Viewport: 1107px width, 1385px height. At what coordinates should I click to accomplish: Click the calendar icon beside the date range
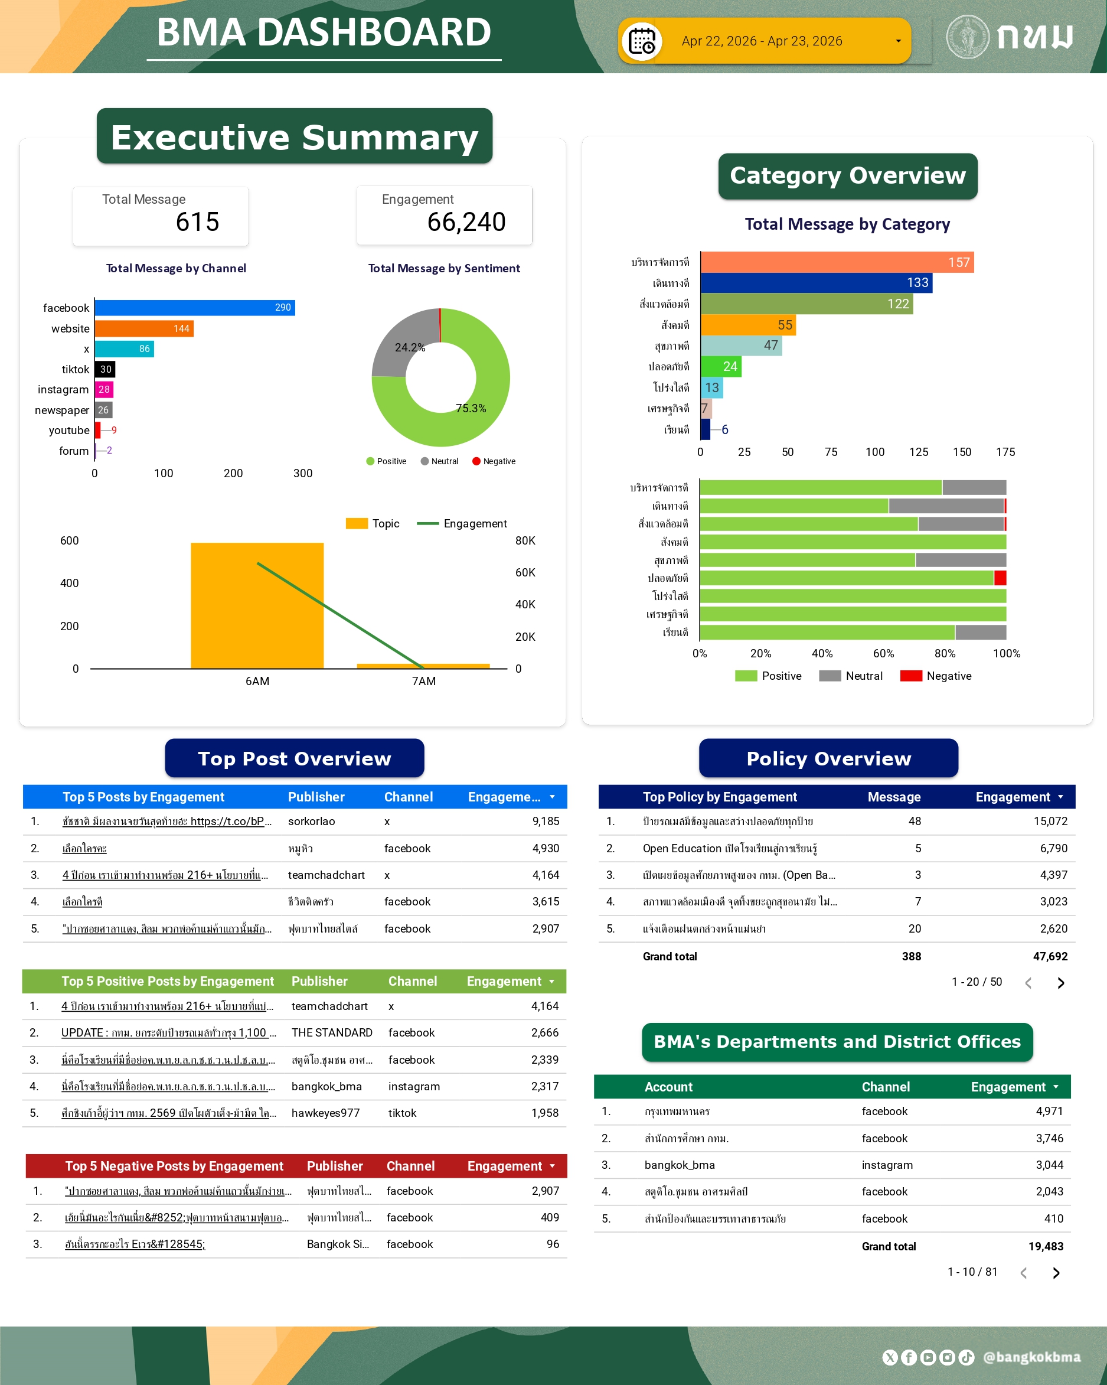point(641,42)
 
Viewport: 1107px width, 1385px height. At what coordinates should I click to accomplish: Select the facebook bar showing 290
point(195,308)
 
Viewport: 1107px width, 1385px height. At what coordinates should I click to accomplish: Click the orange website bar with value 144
point(144,329)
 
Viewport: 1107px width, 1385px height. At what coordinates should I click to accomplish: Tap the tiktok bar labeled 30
point(105,369)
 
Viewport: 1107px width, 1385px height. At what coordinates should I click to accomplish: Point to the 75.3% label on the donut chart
point(471,409)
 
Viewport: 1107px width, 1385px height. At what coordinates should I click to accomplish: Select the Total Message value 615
point(198,222)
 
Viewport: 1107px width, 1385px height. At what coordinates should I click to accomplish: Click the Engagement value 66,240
point(466,222)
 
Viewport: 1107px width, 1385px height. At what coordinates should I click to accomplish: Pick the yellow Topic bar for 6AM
point(257,605)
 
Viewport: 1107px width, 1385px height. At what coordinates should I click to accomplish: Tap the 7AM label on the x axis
point(424,681)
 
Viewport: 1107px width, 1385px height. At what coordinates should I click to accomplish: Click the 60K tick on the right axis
point(525,572)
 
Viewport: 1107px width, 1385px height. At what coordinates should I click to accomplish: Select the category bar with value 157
point(837,262)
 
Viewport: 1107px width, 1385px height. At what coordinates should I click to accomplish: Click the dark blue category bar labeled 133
point(816,283)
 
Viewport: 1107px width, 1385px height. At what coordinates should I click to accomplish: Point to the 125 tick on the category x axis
point(918,452)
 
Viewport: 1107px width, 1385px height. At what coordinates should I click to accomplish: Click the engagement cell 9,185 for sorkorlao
point(545,821)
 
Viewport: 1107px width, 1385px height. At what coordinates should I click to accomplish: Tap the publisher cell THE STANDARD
point(331,1032)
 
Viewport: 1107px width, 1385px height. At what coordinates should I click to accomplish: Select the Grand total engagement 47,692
point(1050,957)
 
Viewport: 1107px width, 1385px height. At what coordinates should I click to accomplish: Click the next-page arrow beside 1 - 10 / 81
point(1056,1273)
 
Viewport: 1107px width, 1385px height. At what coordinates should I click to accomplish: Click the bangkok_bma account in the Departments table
point(680,1165)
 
